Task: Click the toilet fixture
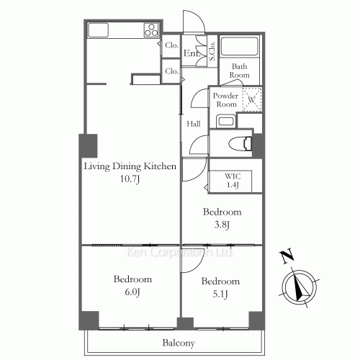click(x=240, y=144)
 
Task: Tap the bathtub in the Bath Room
click(x=239, y=46)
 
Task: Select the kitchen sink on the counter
click(x=98, y=30)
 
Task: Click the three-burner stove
click(x=151, y=30)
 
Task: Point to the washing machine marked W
click(x=252, y=99)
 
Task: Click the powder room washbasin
click(x=226, y=121)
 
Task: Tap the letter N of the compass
click(x=287, y=256)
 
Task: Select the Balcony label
click(x=179, y=343)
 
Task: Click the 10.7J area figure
click(x=130, y=179)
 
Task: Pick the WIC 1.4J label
click(x=233, y=181)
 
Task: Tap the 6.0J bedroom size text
click(x=132, y=292)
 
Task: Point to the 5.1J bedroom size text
click(x=220, y=294)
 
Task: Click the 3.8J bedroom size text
click(x=222, y=225)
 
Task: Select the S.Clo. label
click(x=212, y=51)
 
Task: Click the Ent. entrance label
click(x=192, y=53)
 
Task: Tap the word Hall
click(x=194, y=124)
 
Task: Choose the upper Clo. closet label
click(x=171, y=45)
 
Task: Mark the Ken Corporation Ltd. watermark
click(x=179, y=252)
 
